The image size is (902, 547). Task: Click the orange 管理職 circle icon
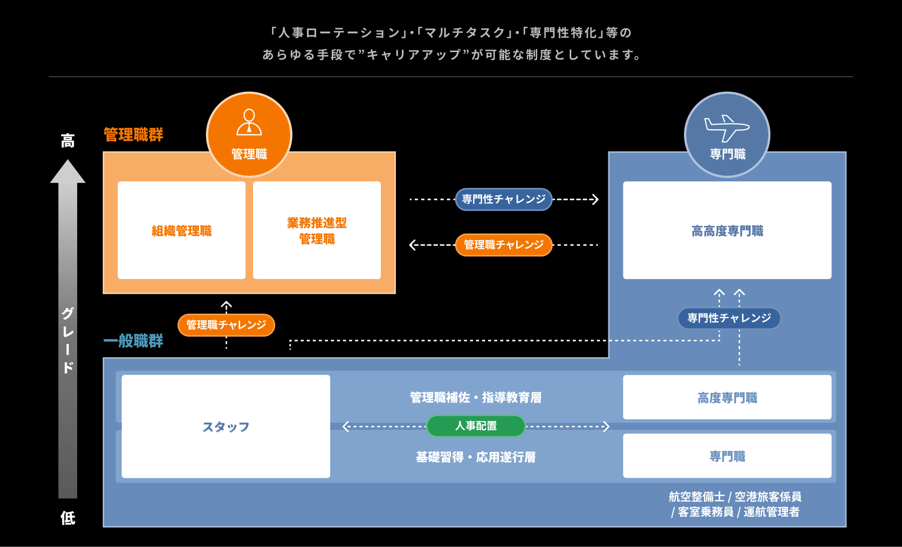[249, 134]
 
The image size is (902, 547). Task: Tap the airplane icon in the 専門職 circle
[727, 128]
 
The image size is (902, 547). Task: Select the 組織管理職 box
[181, 230]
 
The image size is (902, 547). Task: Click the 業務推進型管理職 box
[317, 230]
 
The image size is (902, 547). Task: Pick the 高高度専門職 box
[727, 230]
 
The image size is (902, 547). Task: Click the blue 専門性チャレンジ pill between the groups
[504, 199]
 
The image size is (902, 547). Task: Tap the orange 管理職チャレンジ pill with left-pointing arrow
[504, 245]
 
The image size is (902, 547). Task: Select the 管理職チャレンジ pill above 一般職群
[226, 325]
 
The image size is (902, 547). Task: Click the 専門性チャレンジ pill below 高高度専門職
[729, 318]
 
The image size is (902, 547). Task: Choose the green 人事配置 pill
[476, 426]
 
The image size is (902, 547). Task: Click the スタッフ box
[225, 426]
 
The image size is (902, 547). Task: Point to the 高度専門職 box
[727, 397]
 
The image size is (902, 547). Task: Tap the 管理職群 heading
[133, 135]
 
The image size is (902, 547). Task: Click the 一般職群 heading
[133, 341]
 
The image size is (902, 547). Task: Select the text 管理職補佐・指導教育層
[476, 398]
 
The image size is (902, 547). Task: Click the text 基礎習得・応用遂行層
[476, 457]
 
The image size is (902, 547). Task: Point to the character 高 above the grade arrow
[68, 141]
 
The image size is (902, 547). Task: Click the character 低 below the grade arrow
[68, 518]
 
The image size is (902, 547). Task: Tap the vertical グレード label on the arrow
[68, 341]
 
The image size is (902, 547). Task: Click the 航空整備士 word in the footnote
[697, 497]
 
